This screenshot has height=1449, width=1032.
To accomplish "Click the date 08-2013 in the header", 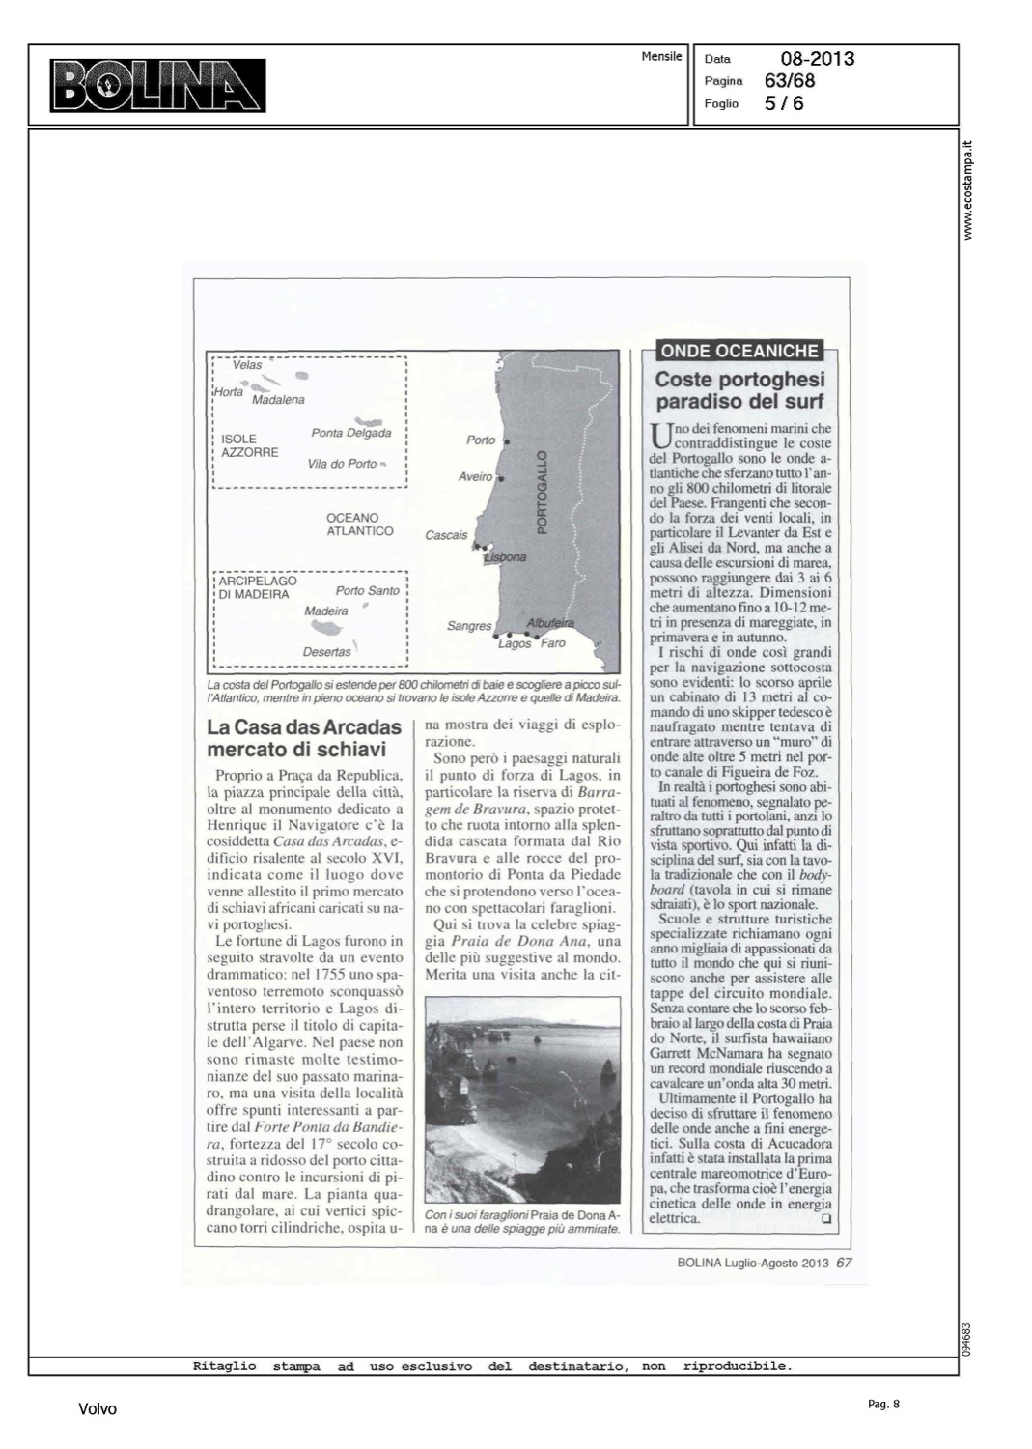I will [817, 59].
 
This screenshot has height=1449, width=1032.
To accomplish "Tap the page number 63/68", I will [790, 81].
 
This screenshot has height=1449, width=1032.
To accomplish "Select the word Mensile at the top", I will [661, 57].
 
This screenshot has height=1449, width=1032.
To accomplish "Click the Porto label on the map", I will [481, 440].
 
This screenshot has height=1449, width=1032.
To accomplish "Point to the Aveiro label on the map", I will [475, 477].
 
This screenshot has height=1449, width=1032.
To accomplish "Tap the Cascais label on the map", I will [446, 535].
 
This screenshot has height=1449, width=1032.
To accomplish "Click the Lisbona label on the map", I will [505, 557].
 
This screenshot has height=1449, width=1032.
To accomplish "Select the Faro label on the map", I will [553, 643].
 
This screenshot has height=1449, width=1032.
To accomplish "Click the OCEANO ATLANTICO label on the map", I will [360, 525].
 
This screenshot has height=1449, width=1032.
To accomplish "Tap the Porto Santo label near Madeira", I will [367, 591].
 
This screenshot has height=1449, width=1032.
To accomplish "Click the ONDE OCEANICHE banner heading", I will [739, 352].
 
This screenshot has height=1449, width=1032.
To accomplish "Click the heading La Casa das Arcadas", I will [304, 738].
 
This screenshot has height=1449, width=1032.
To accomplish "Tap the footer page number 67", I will [845, 1262].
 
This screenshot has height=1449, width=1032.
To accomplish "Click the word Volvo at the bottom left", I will [98, 1409].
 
